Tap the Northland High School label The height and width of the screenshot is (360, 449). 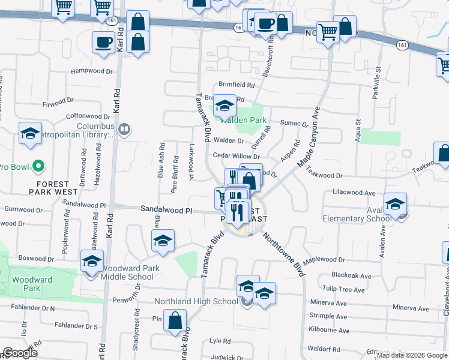click(x=196, y=301)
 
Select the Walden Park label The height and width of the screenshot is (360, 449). click(x=243, y=120)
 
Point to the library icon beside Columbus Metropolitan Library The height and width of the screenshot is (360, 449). click(x=124, y=128)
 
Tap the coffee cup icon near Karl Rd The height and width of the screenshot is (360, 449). click(x=103, y=43)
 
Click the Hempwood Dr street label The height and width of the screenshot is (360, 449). click(x=92, y=71)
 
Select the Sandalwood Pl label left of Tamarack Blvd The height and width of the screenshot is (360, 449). click(x=166, y=211)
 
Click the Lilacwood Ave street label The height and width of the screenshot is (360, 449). click(x=354, y=193)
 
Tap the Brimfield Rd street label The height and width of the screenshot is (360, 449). click(x=237, y=85)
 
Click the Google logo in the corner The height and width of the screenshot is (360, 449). click(x=20, y=353)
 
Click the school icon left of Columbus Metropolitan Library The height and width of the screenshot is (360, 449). click(x=30, y=134)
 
